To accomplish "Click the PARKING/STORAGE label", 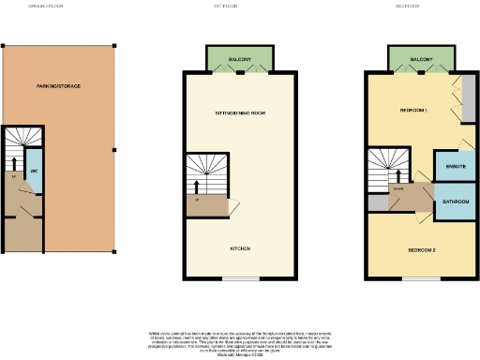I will (57, 86).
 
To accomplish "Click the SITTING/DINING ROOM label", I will (240, 112).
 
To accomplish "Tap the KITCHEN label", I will (240, 248).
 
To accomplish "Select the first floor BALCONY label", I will (240, 59).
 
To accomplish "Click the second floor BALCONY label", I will (421, 59).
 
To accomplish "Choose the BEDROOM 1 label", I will (413, 111).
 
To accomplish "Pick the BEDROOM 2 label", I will (421, 250).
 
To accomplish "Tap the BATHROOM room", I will (455, 202).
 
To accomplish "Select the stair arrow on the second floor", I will (395, 174).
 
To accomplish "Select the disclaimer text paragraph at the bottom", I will (240, 343).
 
